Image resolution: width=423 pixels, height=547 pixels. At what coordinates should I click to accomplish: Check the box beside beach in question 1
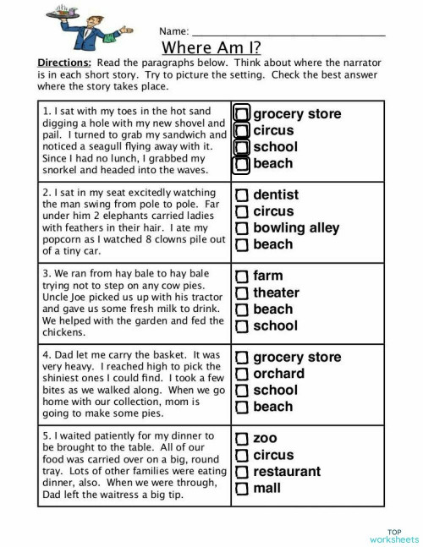pyautogui.click(x=242, y=164)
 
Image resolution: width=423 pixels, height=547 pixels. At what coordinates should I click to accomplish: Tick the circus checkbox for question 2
pyautogui.click(x=242, y=212)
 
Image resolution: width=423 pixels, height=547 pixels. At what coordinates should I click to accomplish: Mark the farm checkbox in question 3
pyautogui.click(x=242, y=276)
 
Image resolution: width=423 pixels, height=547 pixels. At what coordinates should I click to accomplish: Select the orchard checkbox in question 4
pyautogui.click(x=242, y=375)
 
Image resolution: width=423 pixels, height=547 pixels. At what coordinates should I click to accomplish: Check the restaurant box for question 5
pyautogui.click(x=242, y=472)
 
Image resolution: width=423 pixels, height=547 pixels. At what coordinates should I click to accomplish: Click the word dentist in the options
pyautogui.click(x=276, y=194)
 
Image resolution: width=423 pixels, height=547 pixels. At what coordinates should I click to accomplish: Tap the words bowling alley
pyautogui.click(x=296, y=227)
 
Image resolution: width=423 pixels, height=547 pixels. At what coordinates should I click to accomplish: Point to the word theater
pyautogui.click(x=276, y=293)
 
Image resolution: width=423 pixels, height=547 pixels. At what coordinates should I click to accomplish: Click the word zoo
pyautogui.click(x=265, y=439)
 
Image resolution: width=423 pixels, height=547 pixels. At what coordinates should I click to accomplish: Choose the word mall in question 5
pyautogui.click(x=266, y=488)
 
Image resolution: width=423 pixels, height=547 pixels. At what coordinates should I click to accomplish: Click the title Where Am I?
pyautogui.click(x=211, y=47)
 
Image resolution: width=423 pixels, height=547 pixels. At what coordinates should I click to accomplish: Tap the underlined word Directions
pyautogui.click(x=64, y=63)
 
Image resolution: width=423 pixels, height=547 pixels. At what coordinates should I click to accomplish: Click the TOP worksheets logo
pyautogui.click(x=394, y=536)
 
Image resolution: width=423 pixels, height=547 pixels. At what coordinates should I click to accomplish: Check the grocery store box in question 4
pyautogui.click(x=242, y=358)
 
